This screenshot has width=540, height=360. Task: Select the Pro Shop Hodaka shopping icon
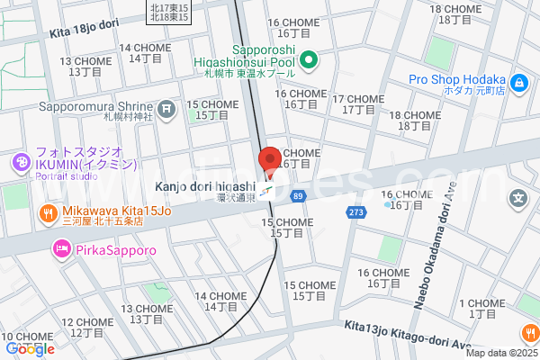(x=519, y=84)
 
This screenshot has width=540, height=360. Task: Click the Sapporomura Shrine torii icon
(x=166, y=110)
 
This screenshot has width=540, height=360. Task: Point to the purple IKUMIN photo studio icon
(x=20, y=163)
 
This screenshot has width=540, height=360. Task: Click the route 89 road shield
(x=298, y=194)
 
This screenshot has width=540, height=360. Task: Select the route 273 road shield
(x=356, y=211)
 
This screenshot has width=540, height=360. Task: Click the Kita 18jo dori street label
(x=85, y=31)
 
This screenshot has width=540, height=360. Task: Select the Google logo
(x=30, y=348)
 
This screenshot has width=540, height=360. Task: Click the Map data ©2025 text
(x=499, y=352)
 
